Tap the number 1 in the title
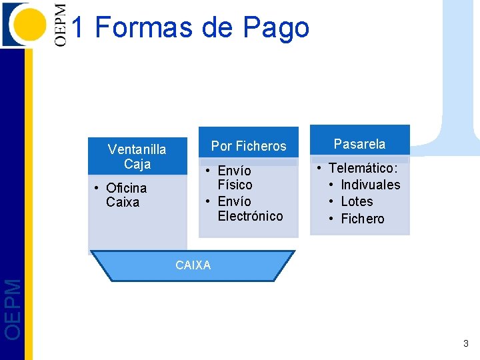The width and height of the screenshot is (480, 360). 77,28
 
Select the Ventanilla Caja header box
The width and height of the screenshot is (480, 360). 137,157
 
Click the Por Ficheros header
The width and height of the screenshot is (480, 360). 249,146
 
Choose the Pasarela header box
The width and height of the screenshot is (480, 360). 359,144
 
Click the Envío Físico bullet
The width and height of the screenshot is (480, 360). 234,178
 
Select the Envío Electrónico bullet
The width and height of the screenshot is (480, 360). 249,209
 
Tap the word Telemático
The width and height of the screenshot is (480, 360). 363,168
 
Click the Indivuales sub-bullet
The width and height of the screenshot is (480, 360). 370,185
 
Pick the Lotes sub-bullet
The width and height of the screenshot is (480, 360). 357,201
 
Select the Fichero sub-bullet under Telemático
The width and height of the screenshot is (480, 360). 362,219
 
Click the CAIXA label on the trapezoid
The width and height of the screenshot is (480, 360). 193,265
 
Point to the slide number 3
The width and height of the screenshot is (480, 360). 466,344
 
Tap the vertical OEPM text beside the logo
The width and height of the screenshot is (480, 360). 61,25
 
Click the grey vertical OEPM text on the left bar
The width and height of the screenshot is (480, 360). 13,308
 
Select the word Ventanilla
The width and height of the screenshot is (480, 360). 137,149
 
